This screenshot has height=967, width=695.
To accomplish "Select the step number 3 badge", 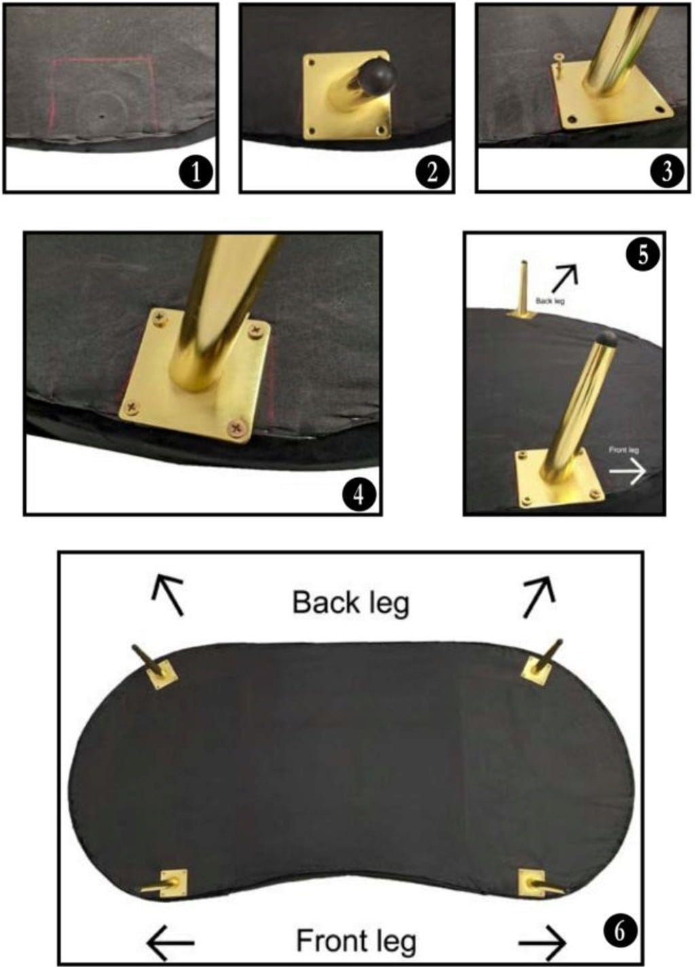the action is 667,171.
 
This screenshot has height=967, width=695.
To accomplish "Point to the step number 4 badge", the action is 359,496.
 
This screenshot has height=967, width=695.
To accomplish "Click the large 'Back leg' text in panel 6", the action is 350,604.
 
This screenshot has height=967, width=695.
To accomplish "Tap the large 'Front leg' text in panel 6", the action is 356,941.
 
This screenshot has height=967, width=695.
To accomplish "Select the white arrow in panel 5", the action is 627,471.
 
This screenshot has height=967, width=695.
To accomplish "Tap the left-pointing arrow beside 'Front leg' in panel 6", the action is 170,941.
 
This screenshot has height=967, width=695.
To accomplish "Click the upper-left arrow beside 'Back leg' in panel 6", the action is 168,594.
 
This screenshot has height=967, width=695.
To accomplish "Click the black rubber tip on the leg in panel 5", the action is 605,337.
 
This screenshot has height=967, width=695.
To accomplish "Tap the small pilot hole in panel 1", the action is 102,116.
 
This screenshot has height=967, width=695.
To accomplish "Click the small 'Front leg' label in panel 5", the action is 624,450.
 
